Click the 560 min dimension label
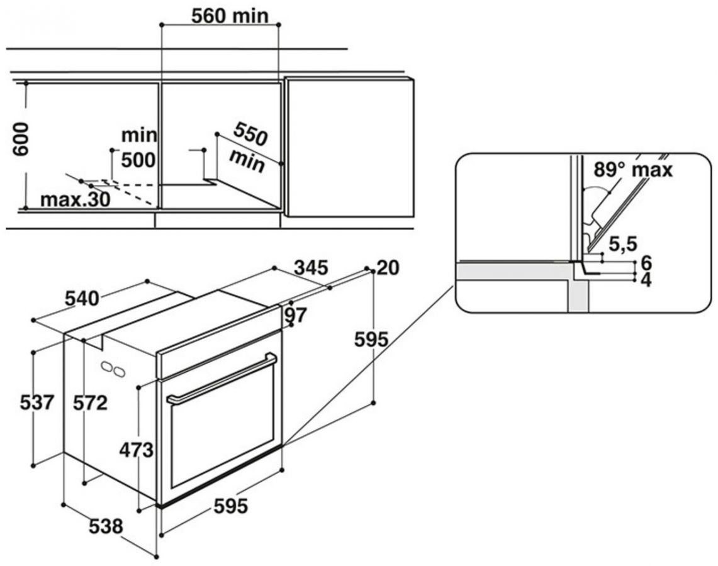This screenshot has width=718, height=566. pyautogui.click(x=221, y=14)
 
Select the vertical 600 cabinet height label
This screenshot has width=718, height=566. pyautogui.click(x=21, y=140)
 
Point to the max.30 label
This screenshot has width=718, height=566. pyautogui.click(x=75, y=200)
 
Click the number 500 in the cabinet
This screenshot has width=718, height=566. pyautogui.click(x=138, y=160)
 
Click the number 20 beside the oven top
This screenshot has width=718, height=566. pyautogui.click(x=388, y=268)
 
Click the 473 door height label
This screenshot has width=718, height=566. pyautogui.click(x=137, y=449)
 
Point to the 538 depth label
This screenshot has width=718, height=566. pyautogui.click(x=104, y=526)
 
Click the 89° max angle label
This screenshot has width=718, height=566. pyautogui.click(x=632, y=169)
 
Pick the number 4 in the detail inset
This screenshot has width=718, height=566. pyautogui.click(x=645, y=280)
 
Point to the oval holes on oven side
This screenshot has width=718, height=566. pyautogui.click(x=112, y=369)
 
